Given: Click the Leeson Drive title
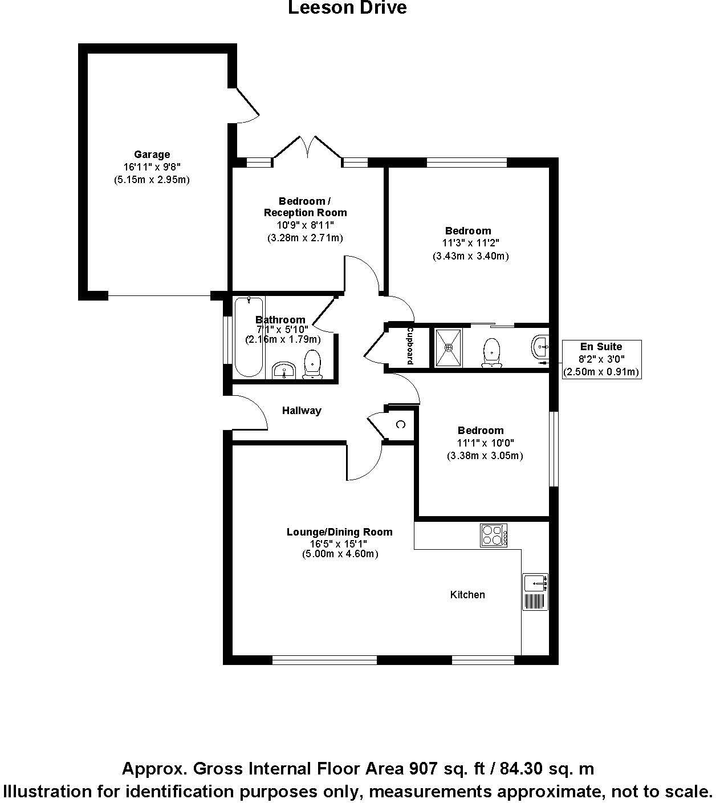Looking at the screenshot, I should coord(347,8).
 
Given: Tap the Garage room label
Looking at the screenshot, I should coord(152,155).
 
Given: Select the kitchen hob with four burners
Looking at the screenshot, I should coord(494,536).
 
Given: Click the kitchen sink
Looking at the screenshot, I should coord(535,583).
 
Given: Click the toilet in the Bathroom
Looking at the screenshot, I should coord(312,364).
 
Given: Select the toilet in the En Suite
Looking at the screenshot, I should coord(491,352).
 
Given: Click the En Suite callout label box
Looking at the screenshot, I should coord(601,359).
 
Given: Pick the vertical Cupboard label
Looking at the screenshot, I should coord(409,346).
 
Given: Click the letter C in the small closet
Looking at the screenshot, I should coord(400,424).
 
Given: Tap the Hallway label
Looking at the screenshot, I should coord(302,411).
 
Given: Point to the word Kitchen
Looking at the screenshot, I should coord(467,595).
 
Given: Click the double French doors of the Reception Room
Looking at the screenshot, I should coord(308,148).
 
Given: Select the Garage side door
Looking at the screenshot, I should coord(247,105).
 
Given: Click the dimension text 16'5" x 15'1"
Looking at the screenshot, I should coord(339,544).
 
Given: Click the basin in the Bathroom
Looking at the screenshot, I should coord(283,371).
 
